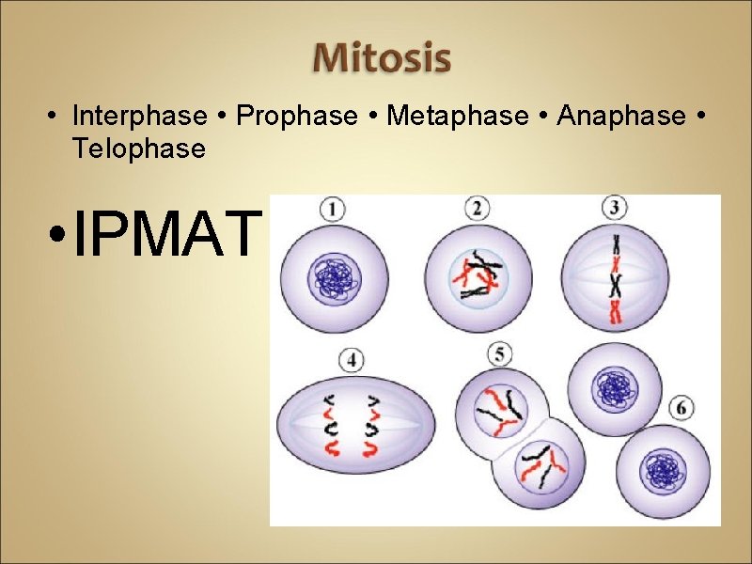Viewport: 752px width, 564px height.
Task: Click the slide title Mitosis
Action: click(x=382, y=57)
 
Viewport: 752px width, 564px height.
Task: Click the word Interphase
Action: click(x=139, y=116)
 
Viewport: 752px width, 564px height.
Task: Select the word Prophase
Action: click(x=297, y=116)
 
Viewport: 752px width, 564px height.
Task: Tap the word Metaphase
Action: click(x=458, y=116)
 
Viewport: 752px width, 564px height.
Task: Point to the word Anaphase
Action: click(x=621, y=116)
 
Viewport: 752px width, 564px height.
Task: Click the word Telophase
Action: click(x=138, y=148)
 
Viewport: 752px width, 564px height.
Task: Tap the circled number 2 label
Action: click(x=478, y=210)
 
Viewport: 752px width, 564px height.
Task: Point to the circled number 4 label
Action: click(x=352, y=359)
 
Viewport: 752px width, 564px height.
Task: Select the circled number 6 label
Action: click(x=684, y=408)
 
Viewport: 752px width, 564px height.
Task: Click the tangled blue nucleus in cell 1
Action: click(x=332, y=278)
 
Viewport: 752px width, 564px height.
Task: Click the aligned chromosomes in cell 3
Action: click(x=616, y=280)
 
